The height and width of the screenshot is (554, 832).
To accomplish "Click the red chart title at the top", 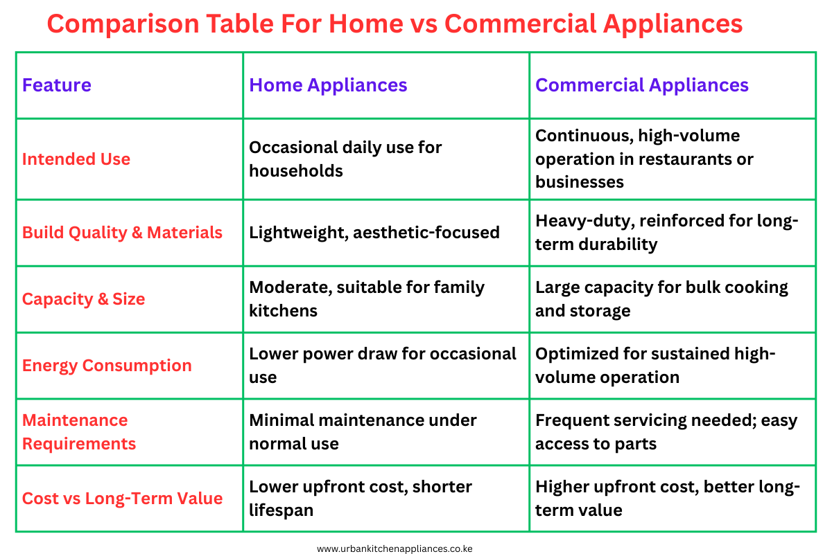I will tap(395, 24).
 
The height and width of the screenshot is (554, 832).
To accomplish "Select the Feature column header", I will tap(57, 85).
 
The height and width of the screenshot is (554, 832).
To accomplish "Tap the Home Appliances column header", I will tap(328, 85).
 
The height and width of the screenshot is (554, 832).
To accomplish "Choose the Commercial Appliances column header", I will tap(642, 85).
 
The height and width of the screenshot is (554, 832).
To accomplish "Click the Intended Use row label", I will tap(76, 159).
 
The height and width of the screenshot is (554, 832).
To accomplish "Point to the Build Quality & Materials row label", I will tap(122, 233).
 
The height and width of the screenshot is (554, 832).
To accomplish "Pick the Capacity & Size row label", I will tap(84, 299).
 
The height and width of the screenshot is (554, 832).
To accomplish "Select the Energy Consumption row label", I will tap(107, 366).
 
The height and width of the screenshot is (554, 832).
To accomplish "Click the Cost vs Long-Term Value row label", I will tap(122, 499).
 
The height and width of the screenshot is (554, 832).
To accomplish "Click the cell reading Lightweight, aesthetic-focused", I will tap(374, 233).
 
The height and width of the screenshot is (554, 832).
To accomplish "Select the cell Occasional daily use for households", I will tap(345, 159).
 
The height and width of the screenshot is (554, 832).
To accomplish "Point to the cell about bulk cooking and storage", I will tap(661, 299).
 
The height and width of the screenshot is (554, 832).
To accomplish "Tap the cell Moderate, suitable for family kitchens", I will tap(367, 299).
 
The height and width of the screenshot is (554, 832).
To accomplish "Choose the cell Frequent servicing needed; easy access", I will tap(666, 432).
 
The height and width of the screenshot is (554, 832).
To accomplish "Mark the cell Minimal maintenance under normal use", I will tap(363, 432).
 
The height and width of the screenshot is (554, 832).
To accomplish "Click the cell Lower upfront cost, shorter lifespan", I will tap(361, 499).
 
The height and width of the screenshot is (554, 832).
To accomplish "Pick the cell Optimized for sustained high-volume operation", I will tap(655, 366).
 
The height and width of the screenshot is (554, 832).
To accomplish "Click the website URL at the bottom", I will tap(395, 548).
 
